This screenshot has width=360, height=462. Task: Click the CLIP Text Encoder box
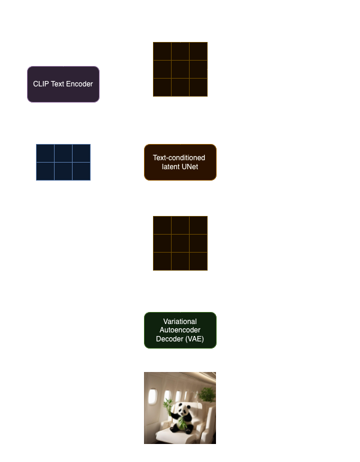coord(63,84)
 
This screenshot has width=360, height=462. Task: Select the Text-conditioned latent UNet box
coord(180,162)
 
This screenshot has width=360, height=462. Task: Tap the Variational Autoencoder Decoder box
coord(180,330)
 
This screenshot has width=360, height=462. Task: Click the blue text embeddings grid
coord(63,162)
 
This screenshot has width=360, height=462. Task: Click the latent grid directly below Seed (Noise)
coord(180,69)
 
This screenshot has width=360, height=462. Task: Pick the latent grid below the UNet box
coord(180,243)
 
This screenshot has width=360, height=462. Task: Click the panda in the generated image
coord(178,417)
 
